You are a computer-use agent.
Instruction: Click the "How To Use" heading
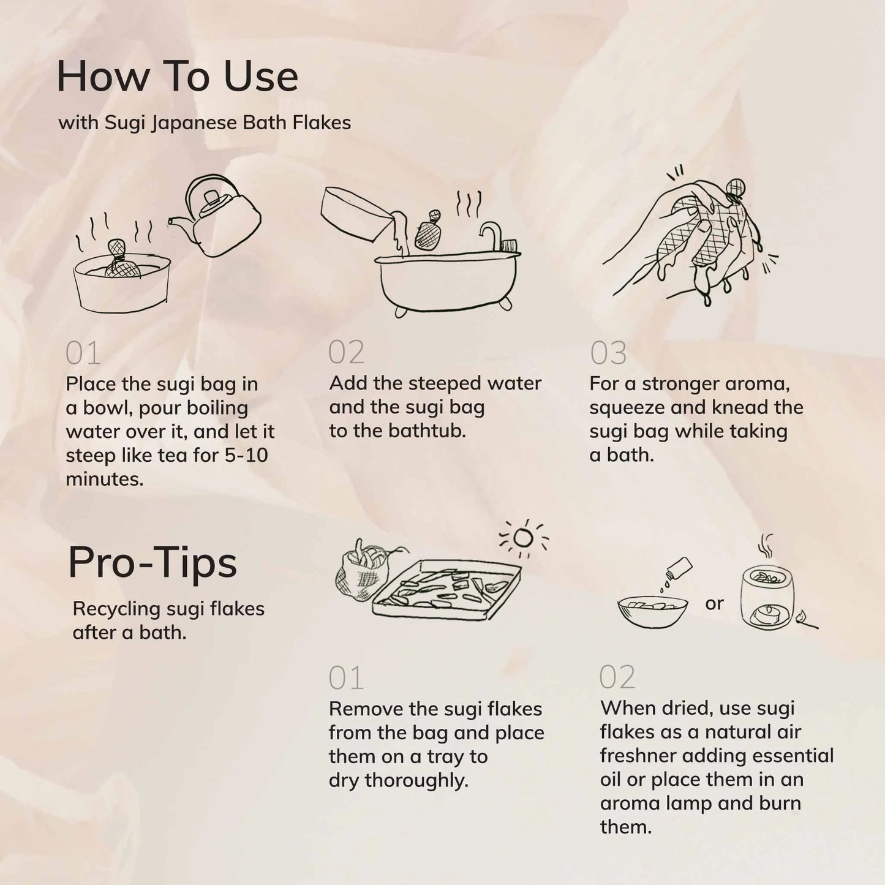177,77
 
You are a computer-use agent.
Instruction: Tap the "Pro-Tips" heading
152,562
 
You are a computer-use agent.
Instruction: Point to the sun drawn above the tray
523,538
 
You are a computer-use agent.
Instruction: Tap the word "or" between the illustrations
714,604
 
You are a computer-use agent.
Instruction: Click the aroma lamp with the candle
769,597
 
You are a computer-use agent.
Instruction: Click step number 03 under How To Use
608,353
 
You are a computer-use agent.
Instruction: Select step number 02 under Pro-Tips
617,677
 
